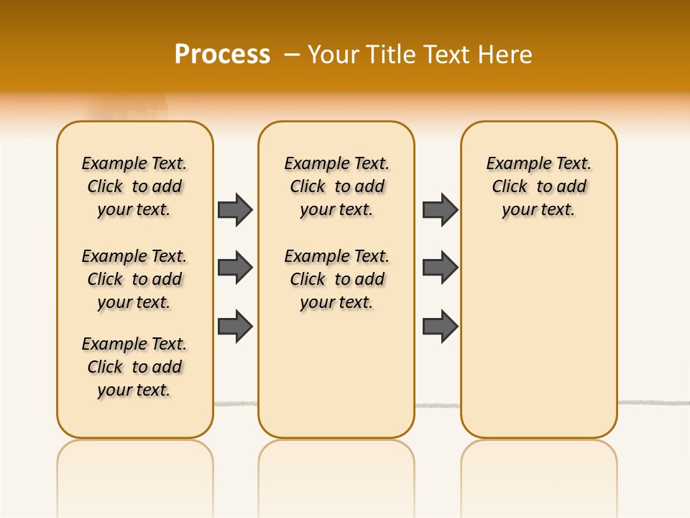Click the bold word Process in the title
pyautogui.click(x=222, y=54)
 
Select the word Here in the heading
pyautogui.click(x=506, y=55)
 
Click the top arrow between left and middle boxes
pyautogui.click(x=235, y=209)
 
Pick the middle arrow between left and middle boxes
pyautogui.click(x=235, y=268)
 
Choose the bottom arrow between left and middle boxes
pyautogui.click(x=235, y=326)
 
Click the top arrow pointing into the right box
pyautogui.click(x=440, y=209)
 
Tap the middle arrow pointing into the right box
pyautogui.click(x=440, y=268)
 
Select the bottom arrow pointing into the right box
pyautogui.click(x=440, y=326)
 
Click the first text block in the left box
pyautogui.click(x=134, y=186)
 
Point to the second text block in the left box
pyautogui.click(x=134, y=279)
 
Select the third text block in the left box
pyautogui.click(x=134, y=367)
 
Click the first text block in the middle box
pyautogui.click(x=336, y=186)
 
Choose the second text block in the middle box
pyautogui.click(x=336, y=279)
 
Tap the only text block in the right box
pyautogui.click(x=538, y=186)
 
